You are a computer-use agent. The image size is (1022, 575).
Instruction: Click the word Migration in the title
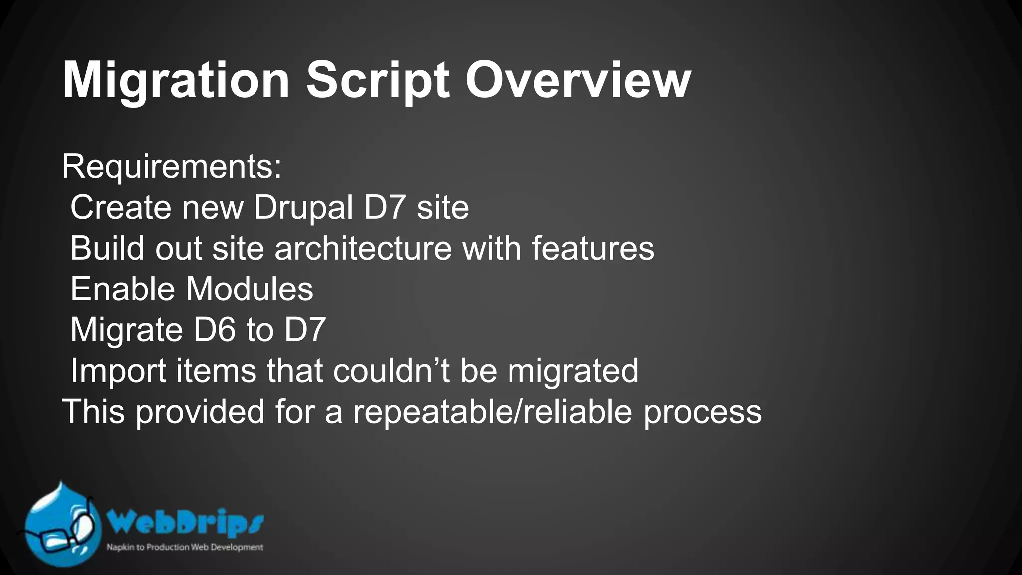click(176, 81)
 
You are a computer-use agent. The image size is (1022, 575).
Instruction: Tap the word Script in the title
click(378, 81)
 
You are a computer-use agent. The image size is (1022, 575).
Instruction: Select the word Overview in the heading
click(578, 81)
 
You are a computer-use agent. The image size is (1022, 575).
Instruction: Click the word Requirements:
click(172, 167)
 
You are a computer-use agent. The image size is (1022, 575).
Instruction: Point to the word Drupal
click(303, 207)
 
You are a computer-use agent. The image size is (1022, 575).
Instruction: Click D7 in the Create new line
click(384, 207)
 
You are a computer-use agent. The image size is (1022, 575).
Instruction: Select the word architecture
click(363, 248)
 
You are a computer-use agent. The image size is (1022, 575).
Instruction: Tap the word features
click(592, 248)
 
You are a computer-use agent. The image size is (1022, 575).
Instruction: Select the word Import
click(118, 371)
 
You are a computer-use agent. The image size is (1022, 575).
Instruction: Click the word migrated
click(573, 371)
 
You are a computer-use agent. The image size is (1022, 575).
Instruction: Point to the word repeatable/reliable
click(493, 412)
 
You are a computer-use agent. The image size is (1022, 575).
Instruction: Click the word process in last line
click(702, 412)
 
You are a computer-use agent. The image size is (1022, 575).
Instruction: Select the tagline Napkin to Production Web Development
click(185, 547)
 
